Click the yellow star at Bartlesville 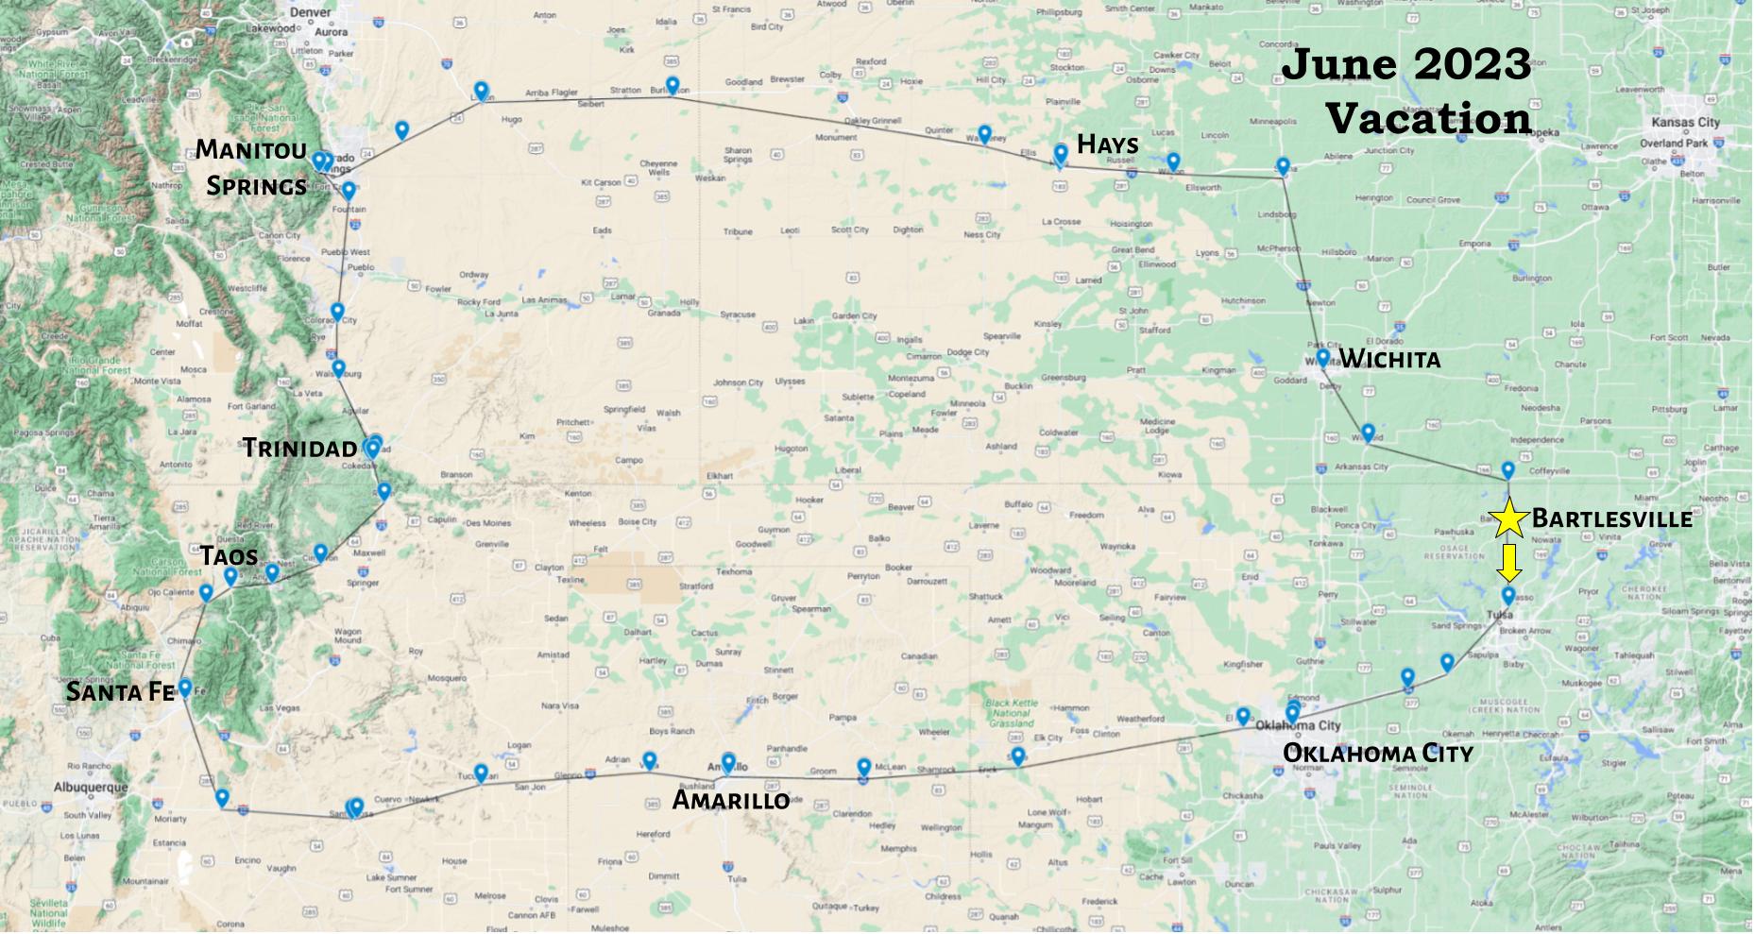pyautogui.click(x=1509, y=517)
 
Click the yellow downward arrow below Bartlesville pyautogui.click(x=1509, y=561)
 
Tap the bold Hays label pyautogui.click(x=1107, y=144)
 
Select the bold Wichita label pyautogui.click(x=1389, y=359)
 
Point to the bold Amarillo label pyautogui.click(x=730, y=800)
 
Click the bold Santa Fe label pyautogui.click(x=120, y=692)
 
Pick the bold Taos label pyautogui.click(x=229, y=555)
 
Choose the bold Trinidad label pyautogui.click(x=300, y=448)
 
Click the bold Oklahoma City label pyautogui.click(x=1378, y=754)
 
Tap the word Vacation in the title pyautogui.click(x=1428, y=119)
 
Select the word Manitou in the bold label pyautogui.click(x=250, y=149)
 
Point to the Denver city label pyautogui.click(x=312, y=12)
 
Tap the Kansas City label pyautogui.click(x=1685, y=123)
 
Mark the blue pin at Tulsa pyautogui.click(x=1507, y=596)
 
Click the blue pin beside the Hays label pyautogui.click(x=1061, y=153)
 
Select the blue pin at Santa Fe pyautogui.click(x=185, y=688)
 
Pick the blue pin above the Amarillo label pyautogui.click(x=728, y=761)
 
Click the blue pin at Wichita pyautogui.click(x=1323, y=357)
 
